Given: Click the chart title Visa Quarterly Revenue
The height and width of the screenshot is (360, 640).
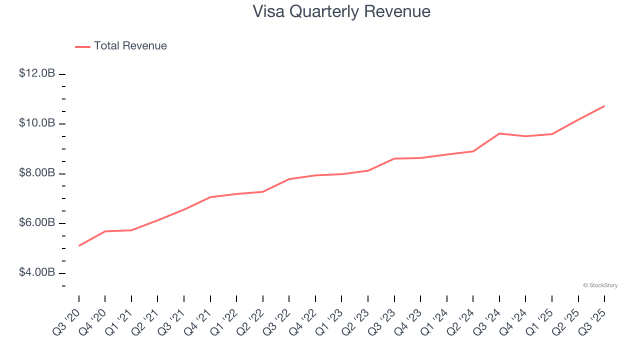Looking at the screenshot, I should click(341, 11).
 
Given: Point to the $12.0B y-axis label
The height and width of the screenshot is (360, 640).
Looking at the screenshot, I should click(37, 73).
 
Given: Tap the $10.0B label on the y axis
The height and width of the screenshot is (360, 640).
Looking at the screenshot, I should click(37, 123).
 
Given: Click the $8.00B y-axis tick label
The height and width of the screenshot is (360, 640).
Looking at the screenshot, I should click(37, 173).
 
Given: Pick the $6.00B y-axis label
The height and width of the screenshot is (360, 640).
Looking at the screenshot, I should click(37, 222).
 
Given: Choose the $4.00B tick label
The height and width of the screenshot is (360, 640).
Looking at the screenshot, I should click(37, 272).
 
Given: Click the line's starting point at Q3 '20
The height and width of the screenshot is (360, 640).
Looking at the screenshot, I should click(79, 245).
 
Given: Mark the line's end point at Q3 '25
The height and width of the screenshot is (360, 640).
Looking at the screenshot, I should click(604, 106).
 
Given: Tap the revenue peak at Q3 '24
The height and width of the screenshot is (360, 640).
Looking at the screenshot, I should click(499, 133).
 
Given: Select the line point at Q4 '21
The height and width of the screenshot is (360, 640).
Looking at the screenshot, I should click(210, 197).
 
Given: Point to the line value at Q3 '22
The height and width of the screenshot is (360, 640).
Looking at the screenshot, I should click(289, 179).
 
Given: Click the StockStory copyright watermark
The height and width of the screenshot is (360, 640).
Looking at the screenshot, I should click(600, 285).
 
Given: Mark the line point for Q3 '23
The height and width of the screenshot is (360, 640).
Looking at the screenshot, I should click(394, 158).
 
